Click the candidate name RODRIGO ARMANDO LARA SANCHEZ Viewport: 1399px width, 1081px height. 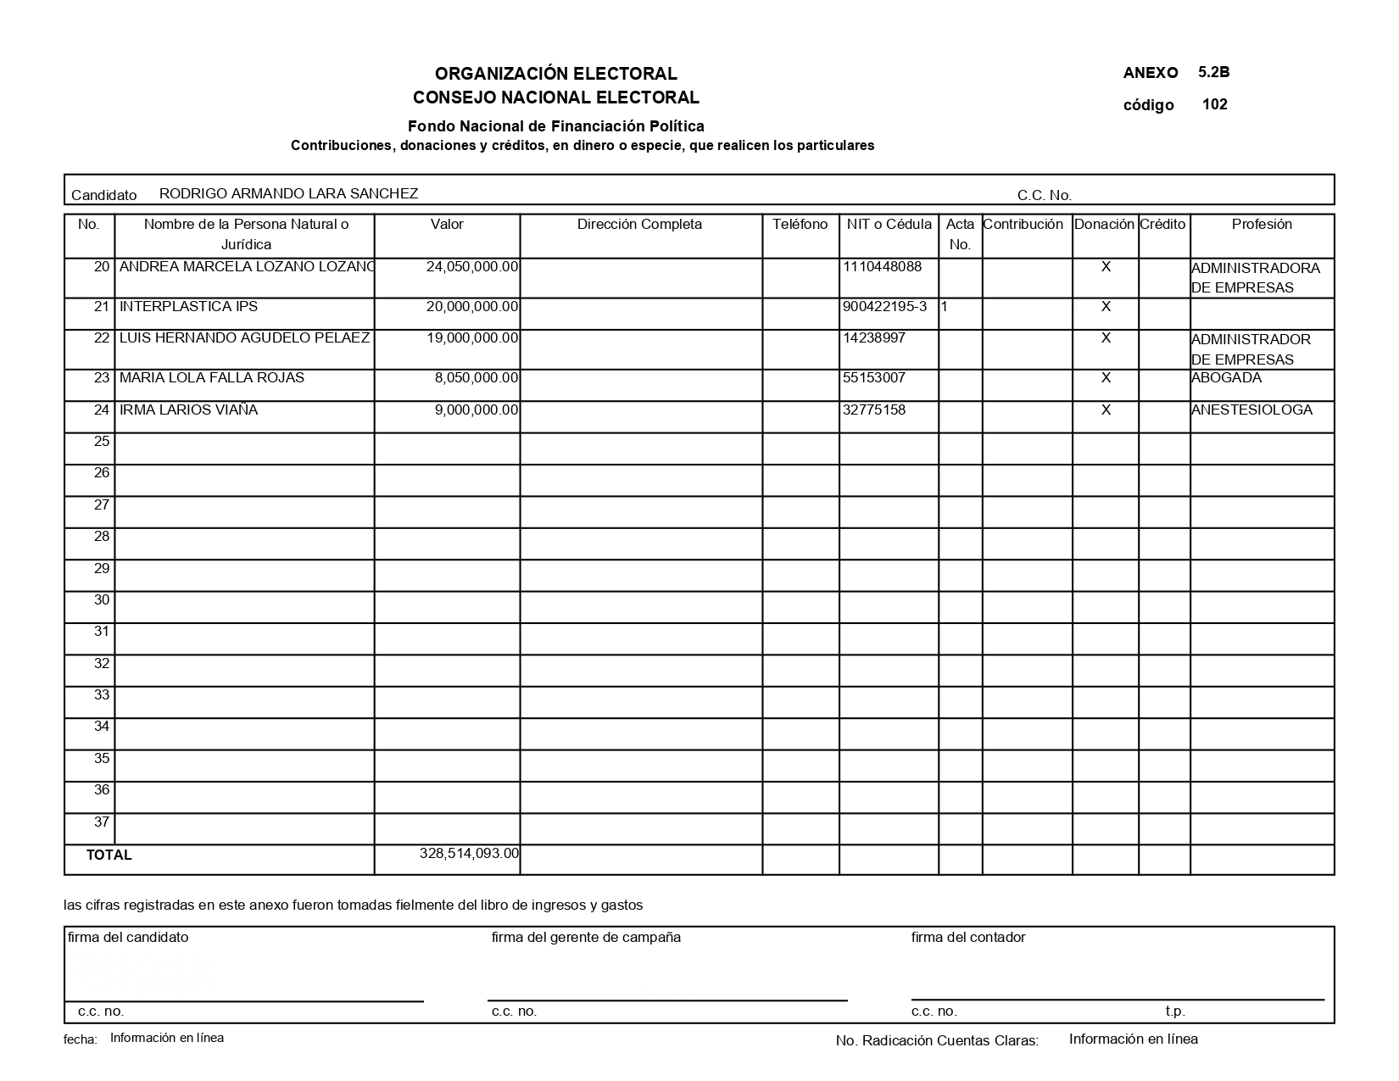coord(288,193)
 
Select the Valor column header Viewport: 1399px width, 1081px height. coord(447,225)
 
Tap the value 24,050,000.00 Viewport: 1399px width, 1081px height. coord(472,267)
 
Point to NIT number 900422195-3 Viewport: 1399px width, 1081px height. coord(885,306)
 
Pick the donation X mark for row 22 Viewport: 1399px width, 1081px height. coord(1106,337)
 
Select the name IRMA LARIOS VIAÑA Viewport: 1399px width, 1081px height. coord(188,410)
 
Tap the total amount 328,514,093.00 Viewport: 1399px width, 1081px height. coord(469,853)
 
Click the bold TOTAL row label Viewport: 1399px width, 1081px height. coord(109,855)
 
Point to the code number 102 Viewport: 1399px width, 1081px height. coord(1214,104)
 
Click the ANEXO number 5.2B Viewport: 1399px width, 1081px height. coord(1214,72)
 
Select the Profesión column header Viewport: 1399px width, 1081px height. coord(1262,225)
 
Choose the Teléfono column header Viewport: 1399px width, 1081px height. coord(800,225)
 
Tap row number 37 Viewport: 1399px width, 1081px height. coord(102,822)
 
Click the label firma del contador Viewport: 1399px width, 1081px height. coord(968,937)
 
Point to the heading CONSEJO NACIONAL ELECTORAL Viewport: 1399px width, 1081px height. coord(556,98)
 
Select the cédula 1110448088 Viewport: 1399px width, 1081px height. coord(883,267)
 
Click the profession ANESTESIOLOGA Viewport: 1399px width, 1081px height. coord(1251,410)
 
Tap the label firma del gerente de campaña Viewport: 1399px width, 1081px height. coord(586,937)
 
